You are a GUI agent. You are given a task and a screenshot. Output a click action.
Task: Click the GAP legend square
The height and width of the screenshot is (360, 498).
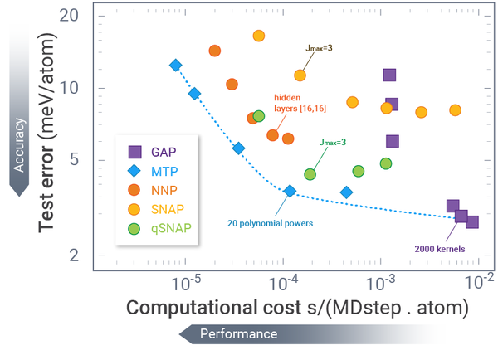(134, 152)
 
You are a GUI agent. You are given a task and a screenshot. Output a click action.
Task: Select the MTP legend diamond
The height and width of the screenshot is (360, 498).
(134, 171)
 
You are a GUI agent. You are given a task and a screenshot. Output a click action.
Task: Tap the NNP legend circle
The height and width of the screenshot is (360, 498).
(134, 191)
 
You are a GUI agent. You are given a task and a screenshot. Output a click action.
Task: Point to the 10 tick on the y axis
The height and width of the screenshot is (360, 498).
(71, 88)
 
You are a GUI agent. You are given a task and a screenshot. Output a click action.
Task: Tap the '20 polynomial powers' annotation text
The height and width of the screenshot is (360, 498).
(263, 222)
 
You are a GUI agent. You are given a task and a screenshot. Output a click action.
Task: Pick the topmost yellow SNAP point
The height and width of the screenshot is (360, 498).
(258, 36)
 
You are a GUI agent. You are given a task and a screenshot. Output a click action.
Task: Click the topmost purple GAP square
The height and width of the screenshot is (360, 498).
(389, 75)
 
